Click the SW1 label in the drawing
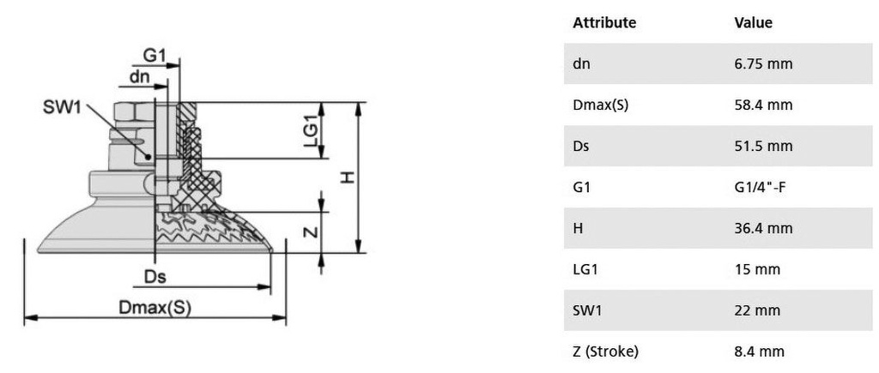point(62,107)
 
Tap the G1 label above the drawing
point(155,56)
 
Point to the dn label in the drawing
point(140,76)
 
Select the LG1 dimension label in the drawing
point(311,130)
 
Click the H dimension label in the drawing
point(349,177)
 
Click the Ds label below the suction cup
point(155,277)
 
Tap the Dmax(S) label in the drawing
point(155,308)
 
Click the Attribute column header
point(604,23)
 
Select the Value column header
point(753,23)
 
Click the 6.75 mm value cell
point(763,63)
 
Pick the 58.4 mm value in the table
point(763,105)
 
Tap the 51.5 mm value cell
point(763,146)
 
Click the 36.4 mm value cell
point(763,228)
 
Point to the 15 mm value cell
point(757,269)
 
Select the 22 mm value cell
point(757,310)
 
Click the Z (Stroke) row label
point(605,352)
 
